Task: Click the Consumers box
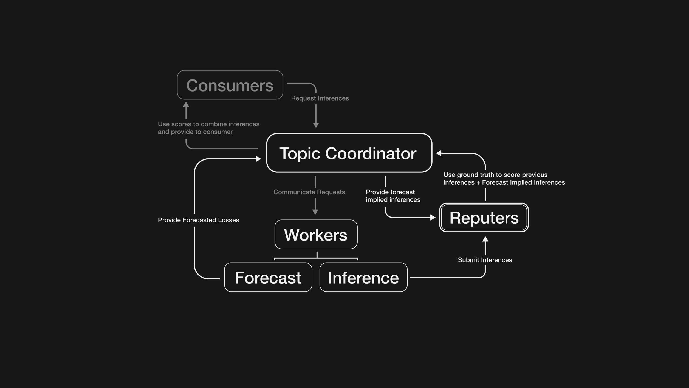pyautogui.click(x=230, y=85)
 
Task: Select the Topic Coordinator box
pyautogui.click(x=349, y=153)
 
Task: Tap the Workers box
pyautogui.click(x=316, y=235)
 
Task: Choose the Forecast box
pyautogui.click(x=268, y=277)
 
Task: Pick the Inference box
pyautogui.click(x=363, y=277)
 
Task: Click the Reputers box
pyautogui.click(x=484, y=218)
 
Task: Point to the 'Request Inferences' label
pyautogui.click(x=320, y=98)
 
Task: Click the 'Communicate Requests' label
pyautogui.click(x=309, y=192)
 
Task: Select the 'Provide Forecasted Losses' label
pyautogui.click(x=198, y=220)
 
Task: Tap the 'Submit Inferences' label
pyautogui.click(x=485, y=260)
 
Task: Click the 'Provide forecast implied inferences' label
pyautogui.click(x=393, y=196)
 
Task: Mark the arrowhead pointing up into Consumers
pyautogui.click(x=186, y=105)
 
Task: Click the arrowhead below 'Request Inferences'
pyautogui.click(x=316, y=125)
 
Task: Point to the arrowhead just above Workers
pyautogui.click(x=315, y=212)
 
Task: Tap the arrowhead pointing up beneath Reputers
pyautogui.click(x=485, y=239)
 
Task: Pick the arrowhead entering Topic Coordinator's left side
pyautogui.click(x=258, y=159)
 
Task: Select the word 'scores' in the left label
pyautogui.click(x=181, y=124)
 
